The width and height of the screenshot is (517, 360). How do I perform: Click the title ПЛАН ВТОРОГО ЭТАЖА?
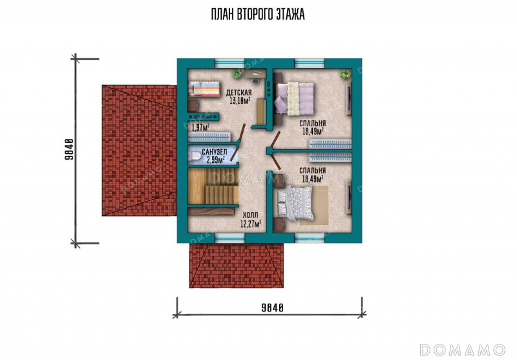pos(258,14)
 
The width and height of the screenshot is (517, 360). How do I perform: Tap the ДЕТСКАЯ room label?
pos(238,92)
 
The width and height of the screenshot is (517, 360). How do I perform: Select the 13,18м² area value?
pos(240,101)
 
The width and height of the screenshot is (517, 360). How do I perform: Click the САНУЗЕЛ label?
pos(215,152)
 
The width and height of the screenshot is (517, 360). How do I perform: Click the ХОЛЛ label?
pos(250,216)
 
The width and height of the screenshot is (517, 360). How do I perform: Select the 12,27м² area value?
pos(251,224)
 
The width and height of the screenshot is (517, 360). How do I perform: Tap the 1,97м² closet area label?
pos(200,127)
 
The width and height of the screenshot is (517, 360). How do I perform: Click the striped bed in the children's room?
pos(204,89)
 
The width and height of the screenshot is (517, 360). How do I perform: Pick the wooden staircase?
pos(213,186)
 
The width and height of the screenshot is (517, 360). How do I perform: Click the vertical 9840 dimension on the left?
pos(69,149)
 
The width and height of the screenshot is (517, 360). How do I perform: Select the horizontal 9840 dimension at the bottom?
pos(272,308)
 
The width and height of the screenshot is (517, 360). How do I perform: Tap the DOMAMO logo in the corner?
pos(463,350)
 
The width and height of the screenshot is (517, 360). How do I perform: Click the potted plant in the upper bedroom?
pos(346,74)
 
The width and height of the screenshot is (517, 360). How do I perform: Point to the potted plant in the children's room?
pos(237,74)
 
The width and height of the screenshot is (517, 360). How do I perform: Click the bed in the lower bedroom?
pos(295,202)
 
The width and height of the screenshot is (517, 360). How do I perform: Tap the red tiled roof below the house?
pos(237,266)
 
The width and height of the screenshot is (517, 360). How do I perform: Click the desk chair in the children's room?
pos(256,79)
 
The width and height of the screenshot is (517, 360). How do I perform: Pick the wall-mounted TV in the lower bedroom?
pos(349,197)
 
